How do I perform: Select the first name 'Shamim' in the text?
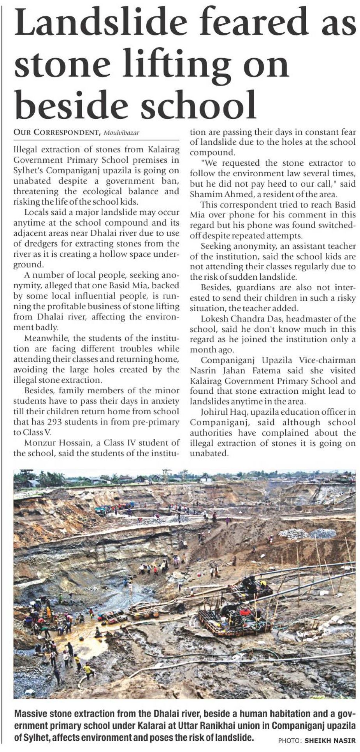(204, 195)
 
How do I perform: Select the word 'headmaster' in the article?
(314, 319)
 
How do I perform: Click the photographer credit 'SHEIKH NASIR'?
(330, 741)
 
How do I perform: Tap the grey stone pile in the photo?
(307, 533)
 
